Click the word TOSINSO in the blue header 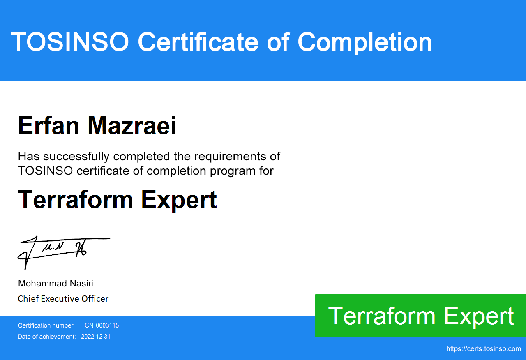click(70, 42)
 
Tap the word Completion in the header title click(365, 43)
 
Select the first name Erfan click(48, 125)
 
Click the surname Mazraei click(132, 125)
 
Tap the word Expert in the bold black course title click(179, 200)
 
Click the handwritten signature click(63, 252)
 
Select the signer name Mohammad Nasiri click(55, 284)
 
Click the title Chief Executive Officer click(63, 299)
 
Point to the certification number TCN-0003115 click(100, 325)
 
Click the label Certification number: click(46, 325)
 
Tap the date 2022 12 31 click(96, 337)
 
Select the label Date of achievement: click(47, 337)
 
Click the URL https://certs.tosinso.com click(484, 349)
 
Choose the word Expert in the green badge click(479, 317)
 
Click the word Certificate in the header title click(198, 42)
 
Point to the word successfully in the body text click(76, 157)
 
